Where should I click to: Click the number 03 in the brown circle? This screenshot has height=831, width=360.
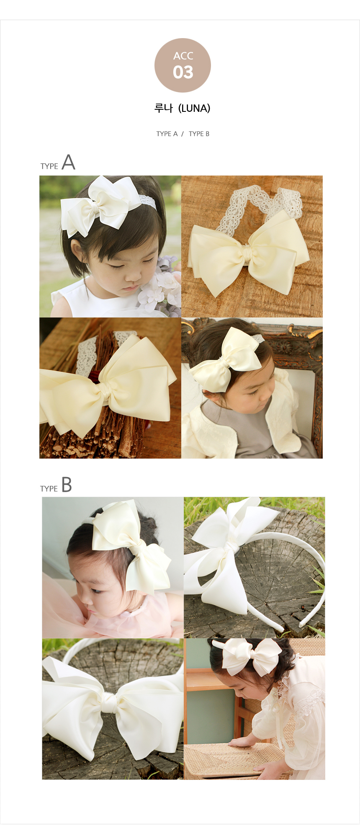[x=183, y=72]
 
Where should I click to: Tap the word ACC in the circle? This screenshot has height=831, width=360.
[x=183, y=56]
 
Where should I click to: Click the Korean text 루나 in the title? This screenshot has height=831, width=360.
[x=164, y=108]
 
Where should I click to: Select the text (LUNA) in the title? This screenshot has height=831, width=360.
[x=194, y=108]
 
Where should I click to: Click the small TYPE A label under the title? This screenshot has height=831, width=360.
[x=167, y=134]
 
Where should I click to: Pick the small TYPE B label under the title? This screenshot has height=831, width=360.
[x=199, y=134]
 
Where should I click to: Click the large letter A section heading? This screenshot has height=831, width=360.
[x=68, y=162]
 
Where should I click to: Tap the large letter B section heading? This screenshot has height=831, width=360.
[x=67, y=485]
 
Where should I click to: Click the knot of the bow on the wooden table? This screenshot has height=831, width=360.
[x=246, y=252]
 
